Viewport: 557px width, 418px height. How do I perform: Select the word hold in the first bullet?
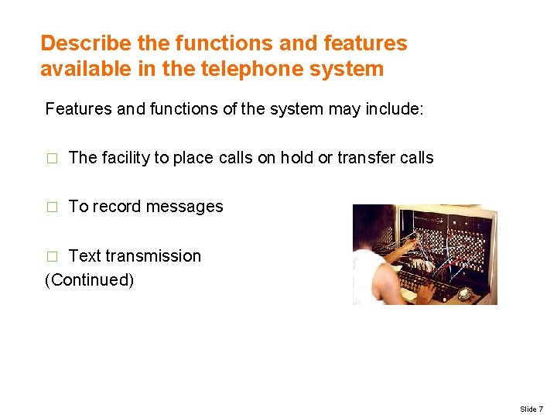click(296, 158)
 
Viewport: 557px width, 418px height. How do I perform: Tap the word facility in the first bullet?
click(124, 158)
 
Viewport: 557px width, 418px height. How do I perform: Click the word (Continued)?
click(90, 279)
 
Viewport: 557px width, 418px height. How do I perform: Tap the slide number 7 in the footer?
click(541, 408)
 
